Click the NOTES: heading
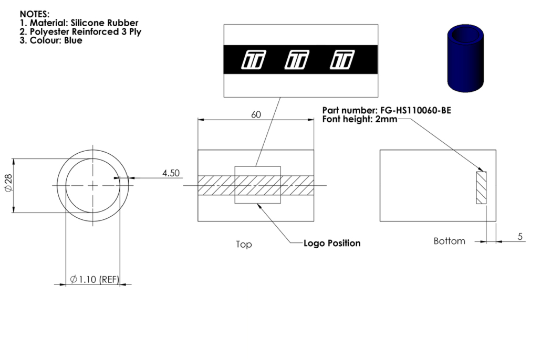[x=35, y=14]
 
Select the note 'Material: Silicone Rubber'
[x=84, y=23]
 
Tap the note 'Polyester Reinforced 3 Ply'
[x=86, y=31]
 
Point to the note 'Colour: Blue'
[x=56, y=40]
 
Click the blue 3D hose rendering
[x=465, y=58]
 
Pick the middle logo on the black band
[x=297, y=60]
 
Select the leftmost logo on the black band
[x=254, y=60]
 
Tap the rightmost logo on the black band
[x=342, y=60]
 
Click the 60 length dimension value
[x=256, y=115]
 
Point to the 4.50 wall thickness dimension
[x=171, y=173]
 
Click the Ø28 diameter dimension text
[x=8, y=183]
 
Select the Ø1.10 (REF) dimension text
[x=95, y=279]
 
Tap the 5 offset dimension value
[x=520, y=237]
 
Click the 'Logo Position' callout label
[x=332, y=243]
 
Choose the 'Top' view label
[x=244, y=245]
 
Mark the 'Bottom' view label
[x=449, y=241]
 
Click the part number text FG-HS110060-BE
[x=416, y=110]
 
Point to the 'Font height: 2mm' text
[x=359, y=119]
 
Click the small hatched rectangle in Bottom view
[x=481, y=187]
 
